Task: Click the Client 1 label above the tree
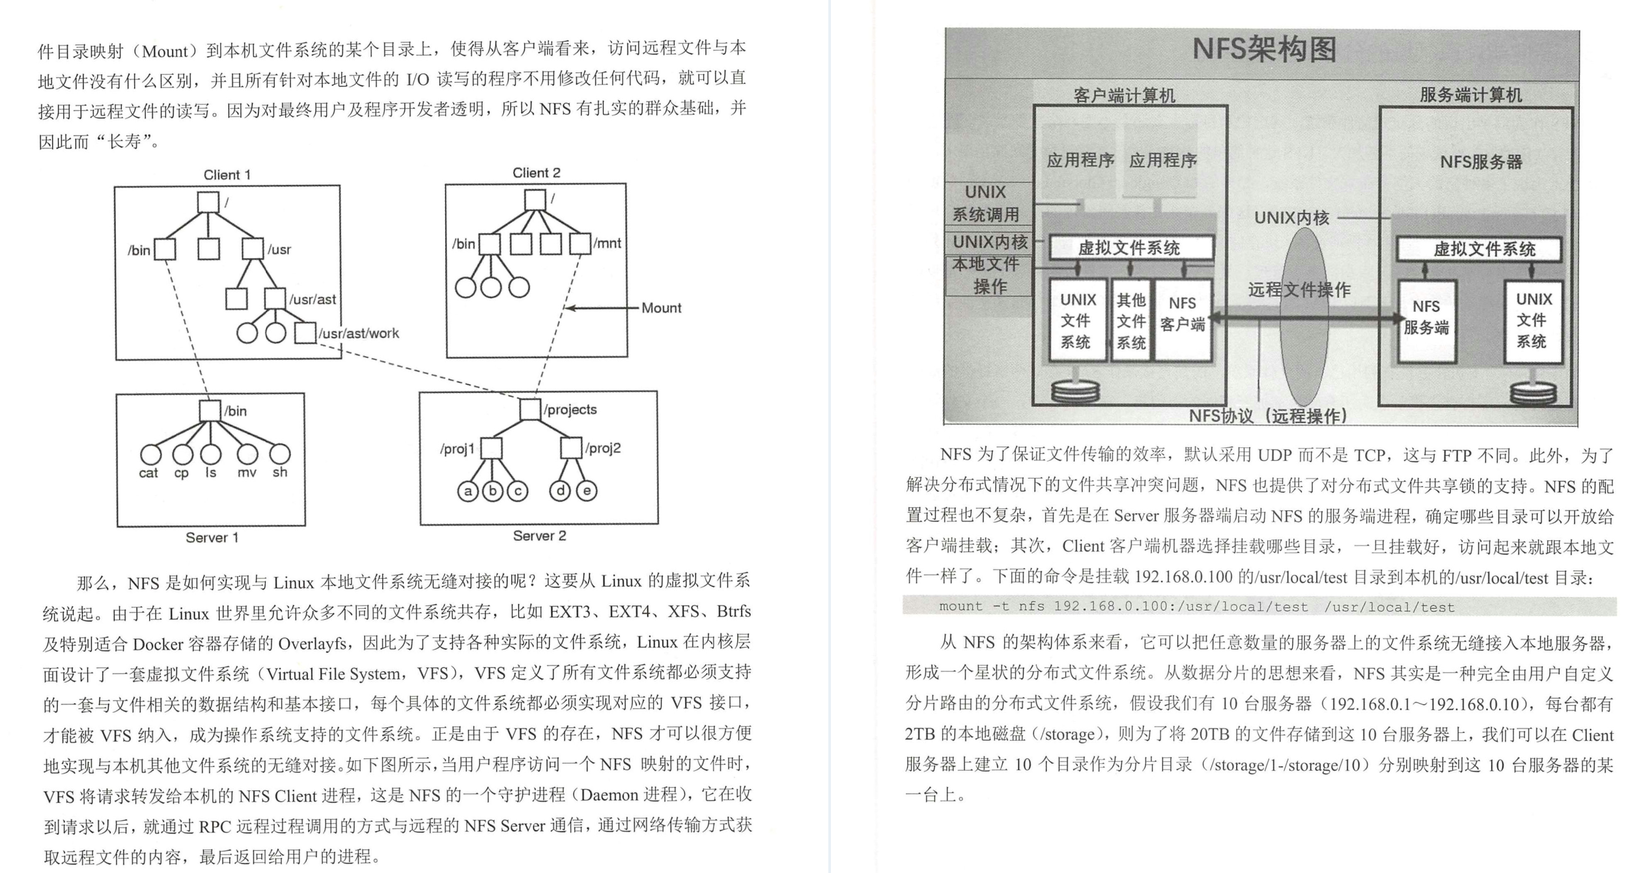click(227, 174)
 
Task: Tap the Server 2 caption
click(539, 536)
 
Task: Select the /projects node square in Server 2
click(530, 409)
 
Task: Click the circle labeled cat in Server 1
click(150, 454)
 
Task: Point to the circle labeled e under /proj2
click(587, 491)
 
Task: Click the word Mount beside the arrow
click(661, 308)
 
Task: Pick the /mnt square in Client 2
click(580, 244)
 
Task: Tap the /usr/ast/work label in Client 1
click(359, 333)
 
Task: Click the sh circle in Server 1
click(280, 454)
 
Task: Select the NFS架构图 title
click(1264, 49)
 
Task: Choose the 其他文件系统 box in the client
click(1131, 321)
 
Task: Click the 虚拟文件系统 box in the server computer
click(1479, 249)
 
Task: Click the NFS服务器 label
click(1481, 162)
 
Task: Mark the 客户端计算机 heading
click(1124, 96)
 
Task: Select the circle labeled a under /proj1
click(468, 491)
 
